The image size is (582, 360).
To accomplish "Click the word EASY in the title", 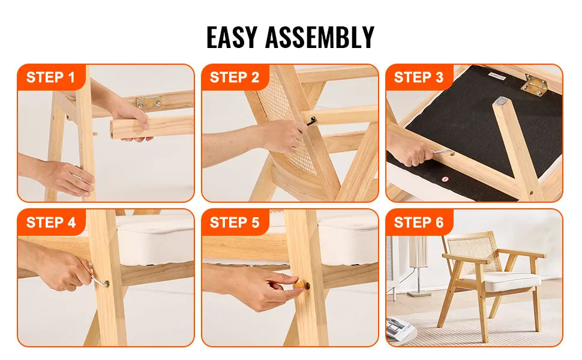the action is [232, 37].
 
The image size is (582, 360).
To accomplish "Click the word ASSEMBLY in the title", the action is [320, 37].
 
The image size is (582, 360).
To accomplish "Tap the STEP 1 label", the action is [50, 77].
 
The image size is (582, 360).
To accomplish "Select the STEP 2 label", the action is [235, 77].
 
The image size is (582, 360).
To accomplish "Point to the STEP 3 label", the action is [419, 77].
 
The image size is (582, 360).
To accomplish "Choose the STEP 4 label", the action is [51, 223].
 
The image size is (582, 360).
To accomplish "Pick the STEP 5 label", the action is [235, 223].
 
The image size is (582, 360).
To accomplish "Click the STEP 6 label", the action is [419, 223].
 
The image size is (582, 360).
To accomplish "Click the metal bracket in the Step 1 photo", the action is [149, 101].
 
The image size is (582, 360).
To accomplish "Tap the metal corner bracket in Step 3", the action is [534, 85].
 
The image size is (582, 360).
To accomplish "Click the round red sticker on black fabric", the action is [445, 179].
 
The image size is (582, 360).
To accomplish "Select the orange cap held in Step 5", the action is [299, 284].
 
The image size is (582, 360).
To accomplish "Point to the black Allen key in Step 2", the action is [311, 121].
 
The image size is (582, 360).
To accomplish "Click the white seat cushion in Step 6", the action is [499, 279].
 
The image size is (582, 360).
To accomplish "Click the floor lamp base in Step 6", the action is [419, 294].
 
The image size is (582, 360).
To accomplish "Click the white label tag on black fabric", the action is [497, 76].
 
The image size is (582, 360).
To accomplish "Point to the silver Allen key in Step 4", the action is [98, 277].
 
